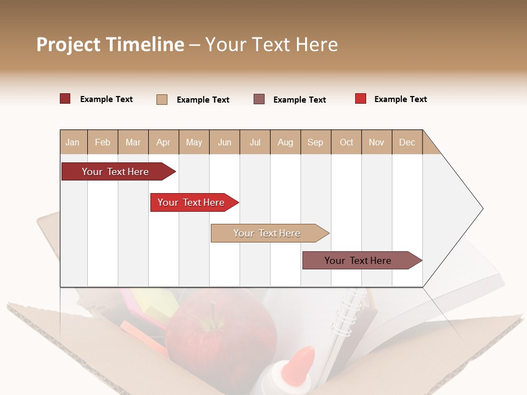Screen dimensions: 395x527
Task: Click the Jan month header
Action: (x=72, y=142)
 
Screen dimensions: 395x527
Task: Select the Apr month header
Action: (x=163, y=142)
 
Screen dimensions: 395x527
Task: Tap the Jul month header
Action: (x=255, y=142)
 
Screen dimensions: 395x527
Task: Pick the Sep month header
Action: (x=315, y=142)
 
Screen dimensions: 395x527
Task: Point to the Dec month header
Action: (x=407, y=142)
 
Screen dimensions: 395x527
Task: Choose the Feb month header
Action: (x=103, y=142)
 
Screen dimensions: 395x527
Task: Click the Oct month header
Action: (x=346, y=142)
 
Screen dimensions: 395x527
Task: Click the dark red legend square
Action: (x=65, y=99)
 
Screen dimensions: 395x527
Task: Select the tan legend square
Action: (x=162, y=99)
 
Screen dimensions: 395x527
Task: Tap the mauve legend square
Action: (x=259, y=99)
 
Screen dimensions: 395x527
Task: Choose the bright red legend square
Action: (x=361, y=99)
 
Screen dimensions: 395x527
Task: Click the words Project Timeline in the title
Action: (x=110, y=44)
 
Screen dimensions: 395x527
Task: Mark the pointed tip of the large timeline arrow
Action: (x=481, y=208)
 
